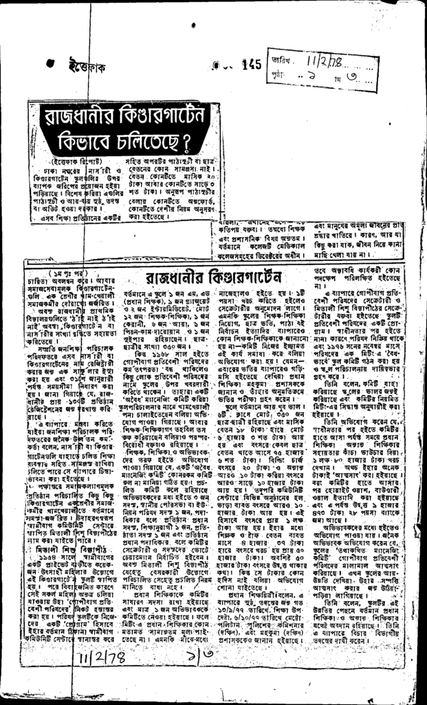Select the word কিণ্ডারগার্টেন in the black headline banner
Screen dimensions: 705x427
(x=157, y=117)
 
